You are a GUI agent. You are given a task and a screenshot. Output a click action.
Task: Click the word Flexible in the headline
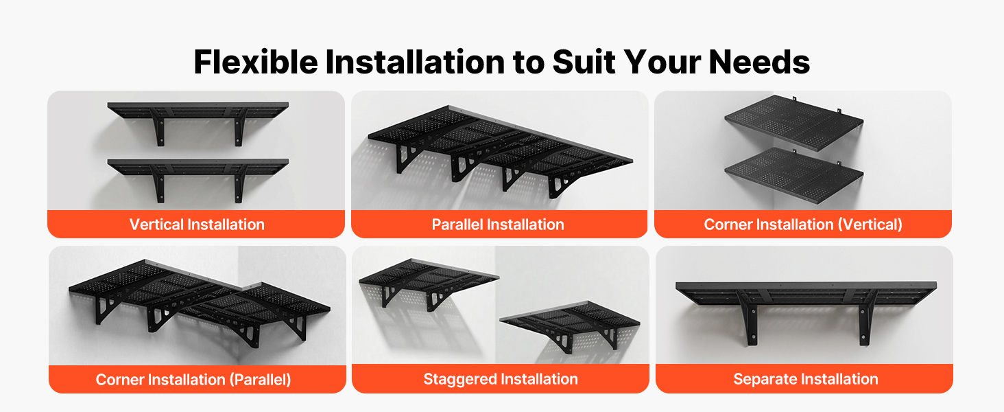256,62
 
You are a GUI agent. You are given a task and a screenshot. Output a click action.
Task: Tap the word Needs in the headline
759,62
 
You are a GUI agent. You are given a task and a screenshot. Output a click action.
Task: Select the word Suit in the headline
584,62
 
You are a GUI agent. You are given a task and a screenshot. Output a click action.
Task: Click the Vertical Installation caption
197,225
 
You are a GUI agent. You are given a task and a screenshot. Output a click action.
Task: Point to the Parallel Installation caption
497,225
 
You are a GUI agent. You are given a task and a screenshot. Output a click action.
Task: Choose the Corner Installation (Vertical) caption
803,225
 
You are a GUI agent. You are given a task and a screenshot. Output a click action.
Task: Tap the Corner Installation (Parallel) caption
193,380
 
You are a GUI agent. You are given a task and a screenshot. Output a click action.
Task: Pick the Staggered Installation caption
501,379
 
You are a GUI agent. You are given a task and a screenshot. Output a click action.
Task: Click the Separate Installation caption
805,379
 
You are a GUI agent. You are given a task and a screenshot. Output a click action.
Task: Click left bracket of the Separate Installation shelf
749,317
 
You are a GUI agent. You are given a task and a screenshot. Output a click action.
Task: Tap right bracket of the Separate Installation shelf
866,317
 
